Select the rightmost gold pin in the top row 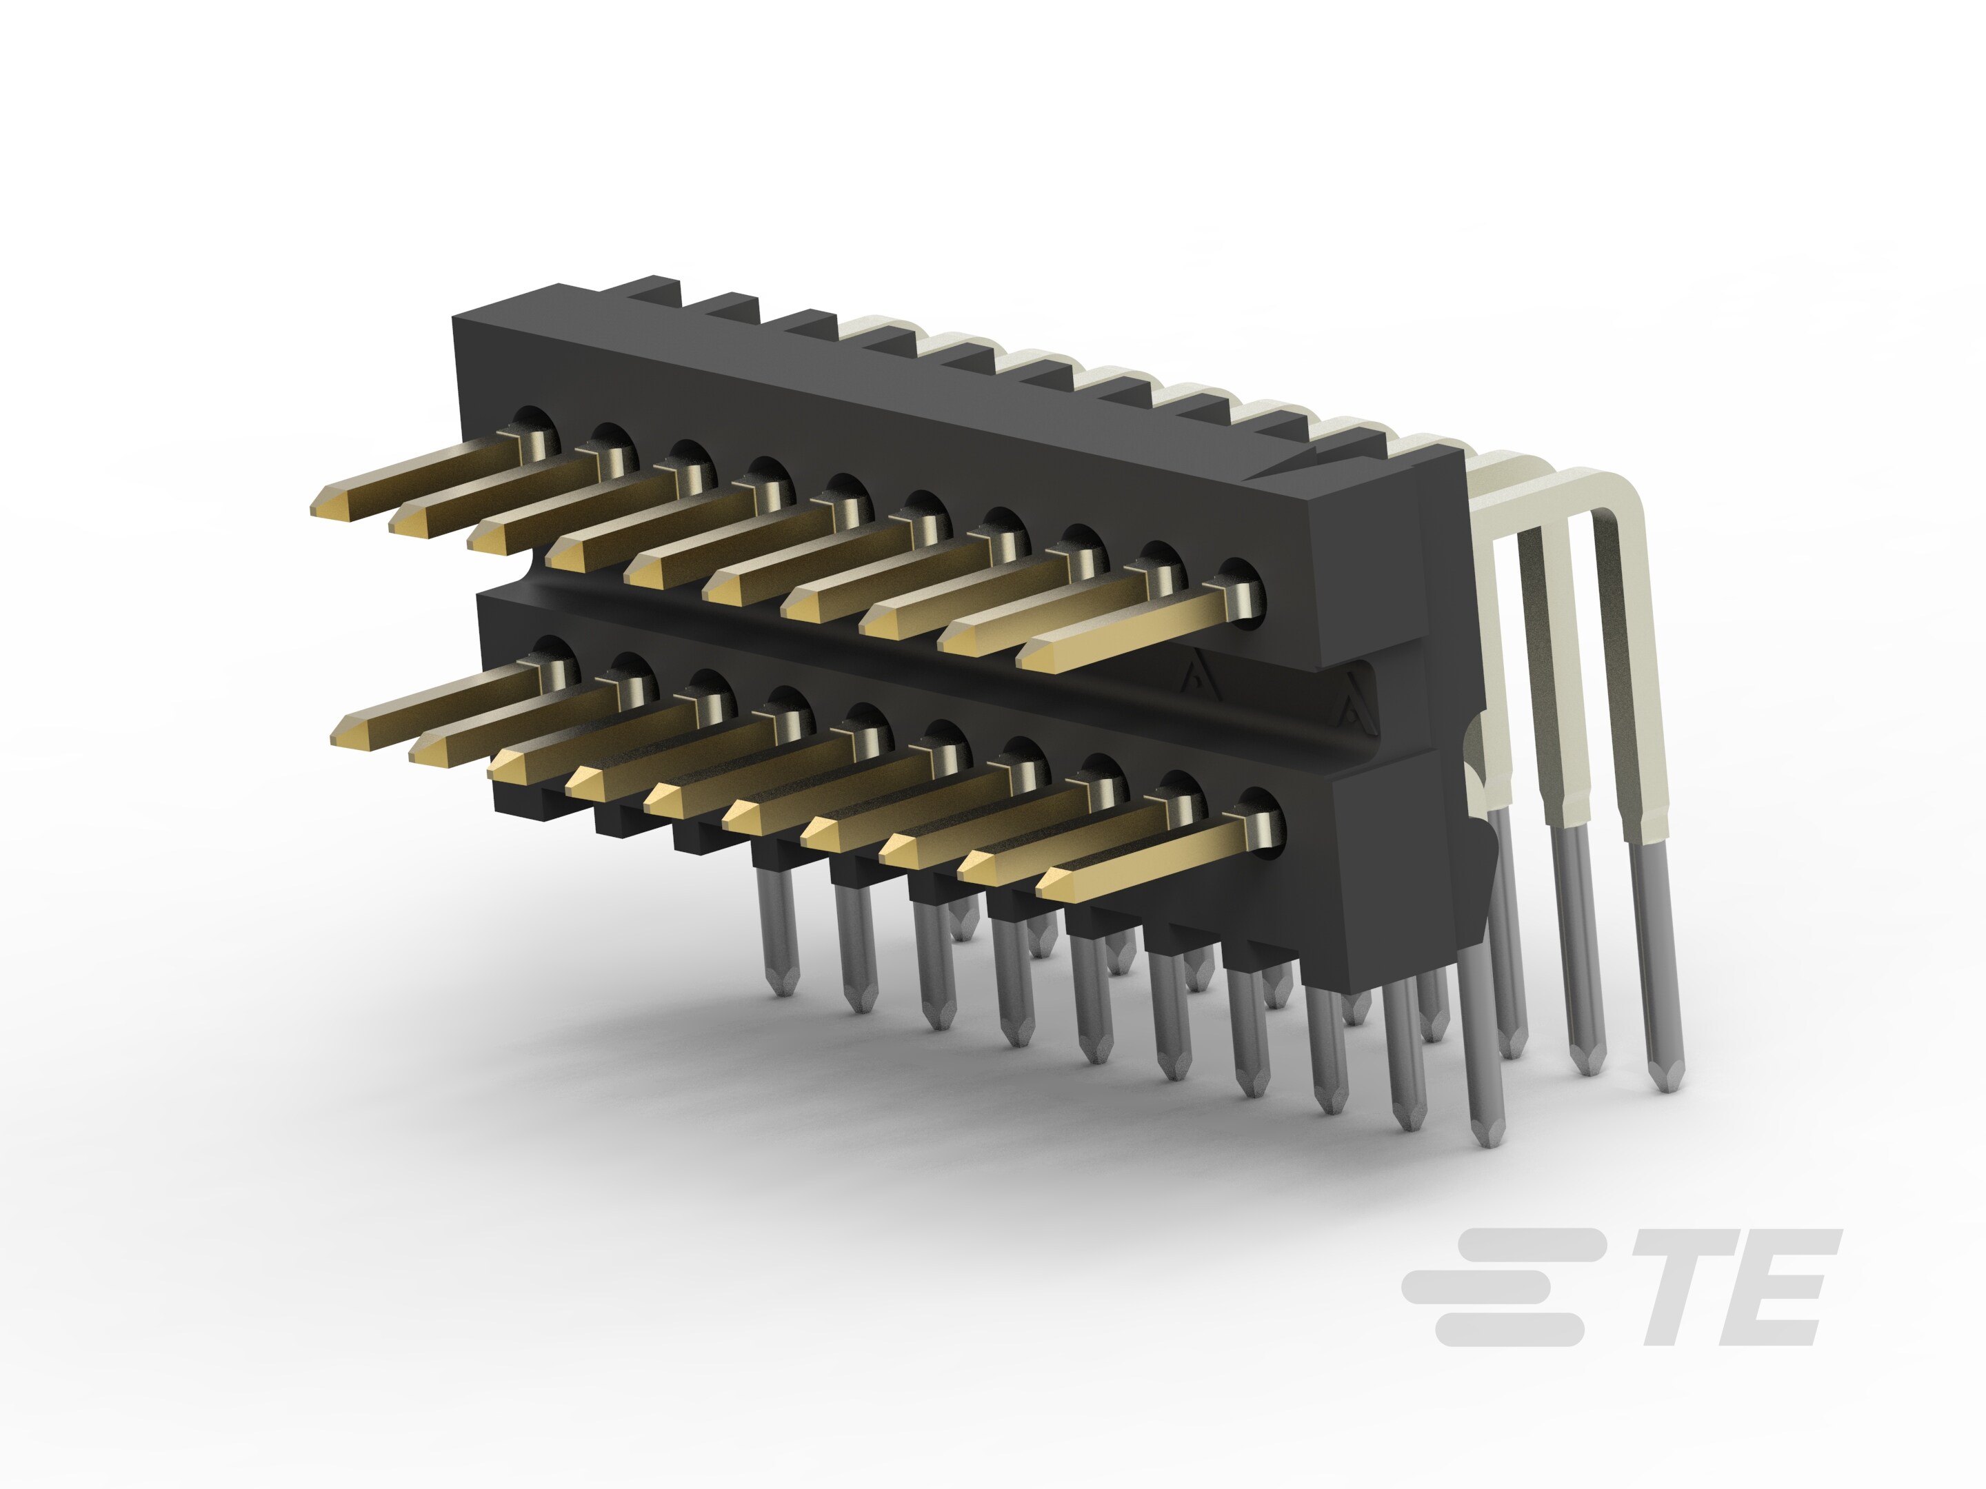pos(1132,632)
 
